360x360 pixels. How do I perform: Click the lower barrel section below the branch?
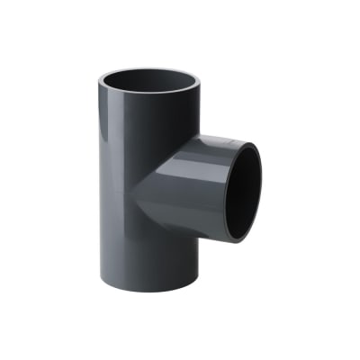148,261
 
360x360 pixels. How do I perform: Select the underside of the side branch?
202,229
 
